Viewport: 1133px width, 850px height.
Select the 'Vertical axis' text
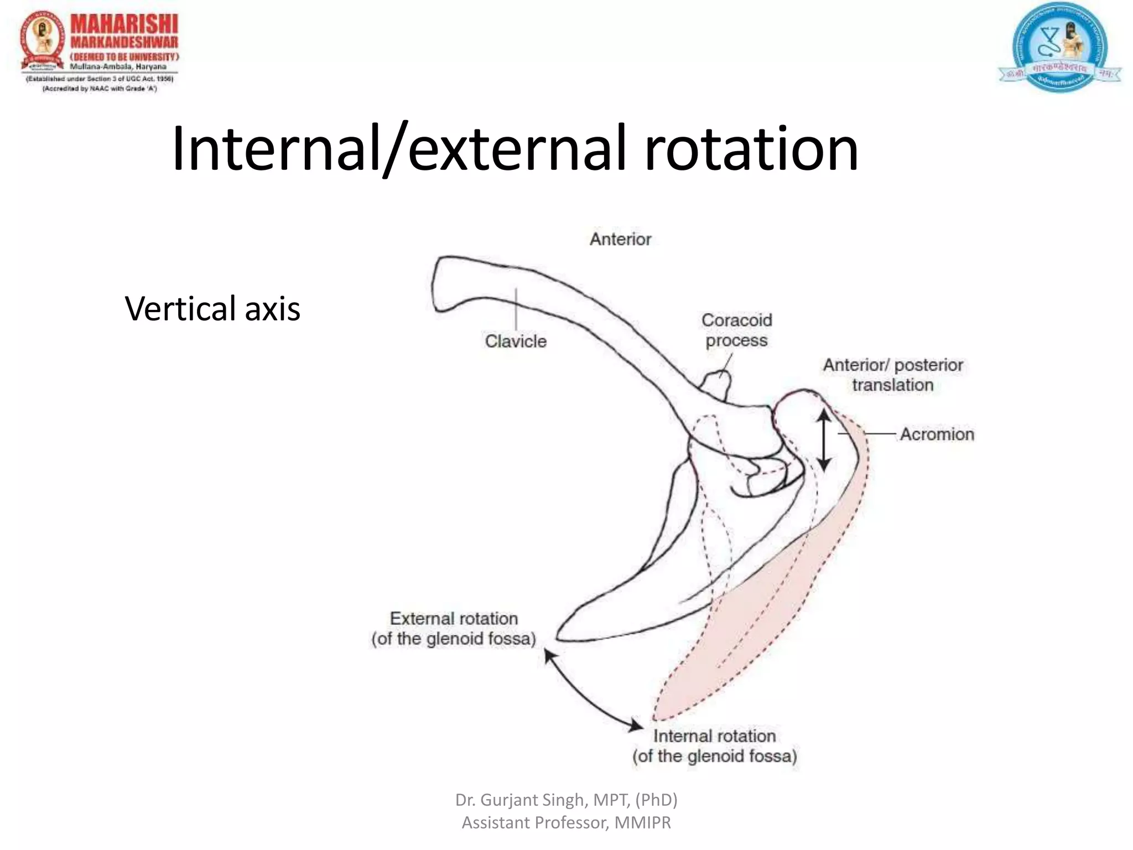212,309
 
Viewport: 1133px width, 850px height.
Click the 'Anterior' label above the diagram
620,239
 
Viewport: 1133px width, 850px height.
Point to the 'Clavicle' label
516,341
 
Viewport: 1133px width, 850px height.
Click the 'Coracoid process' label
736,330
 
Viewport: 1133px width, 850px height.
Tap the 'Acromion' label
937,434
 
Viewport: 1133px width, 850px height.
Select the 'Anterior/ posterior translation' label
892,375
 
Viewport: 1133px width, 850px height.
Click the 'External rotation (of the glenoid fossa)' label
454,629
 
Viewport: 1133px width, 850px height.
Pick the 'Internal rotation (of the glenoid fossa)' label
715,746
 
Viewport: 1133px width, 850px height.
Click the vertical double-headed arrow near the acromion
824,440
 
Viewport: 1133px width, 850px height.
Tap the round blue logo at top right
1059,47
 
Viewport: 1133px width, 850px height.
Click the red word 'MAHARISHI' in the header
124,25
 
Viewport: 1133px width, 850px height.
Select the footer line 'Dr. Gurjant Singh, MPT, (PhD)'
566,800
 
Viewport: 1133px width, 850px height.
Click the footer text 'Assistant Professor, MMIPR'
566,823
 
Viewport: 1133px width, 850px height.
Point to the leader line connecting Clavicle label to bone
516,309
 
